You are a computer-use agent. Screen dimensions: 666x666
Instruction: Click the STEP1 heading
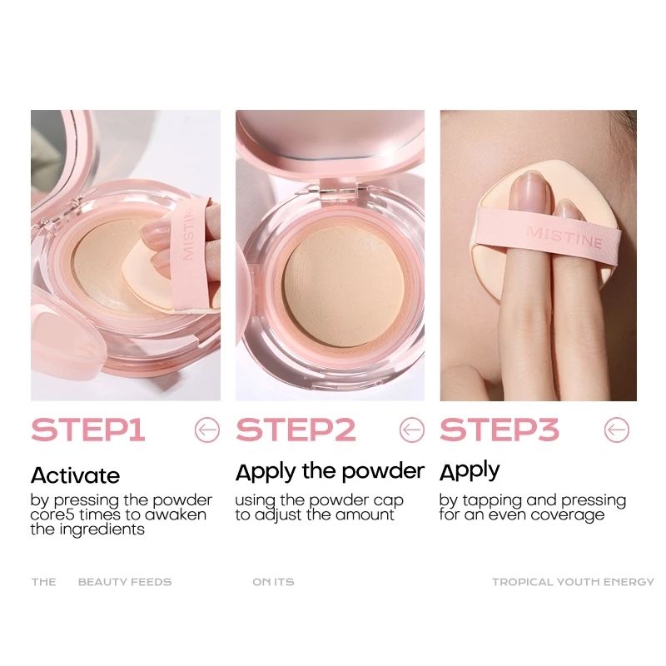(88, 430)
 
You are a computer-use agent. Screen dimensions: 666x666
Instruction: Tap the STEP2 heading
(296, 430)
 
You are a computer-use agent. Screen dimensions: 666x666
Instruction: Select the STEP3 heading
(499, 430)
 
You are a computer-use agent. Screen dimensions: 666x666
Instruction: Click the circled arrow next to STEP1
(207, 430)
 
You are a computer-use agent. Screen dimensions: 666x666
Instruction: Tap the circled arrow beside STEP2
(412, 430)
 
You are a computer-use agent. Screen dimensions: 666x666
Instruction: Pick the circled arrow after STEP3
(617, 430)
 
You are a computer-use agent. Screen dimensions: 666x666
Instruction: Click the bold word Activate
(75, 475)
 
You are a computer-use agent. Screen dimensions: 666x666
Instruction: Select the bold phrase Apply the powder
(330, 472)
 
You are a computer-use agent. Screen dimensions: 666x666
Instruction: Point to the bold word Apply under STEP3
(470, 471)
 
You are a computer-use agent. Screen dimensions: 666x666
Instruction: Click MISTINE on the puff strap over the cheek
(564, 237)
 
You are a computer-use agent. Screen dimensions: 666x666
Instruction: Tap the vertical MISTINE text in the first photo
(189, 235)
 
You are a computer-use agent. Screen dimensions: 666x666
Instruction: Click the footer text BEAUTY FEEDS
(125, 582)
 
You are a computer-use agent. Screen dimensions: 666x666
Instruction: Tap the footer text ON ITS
(273, 582)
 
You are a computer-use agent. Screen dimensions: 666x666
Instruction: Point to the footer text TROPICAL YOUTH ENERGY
(573, 582)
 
